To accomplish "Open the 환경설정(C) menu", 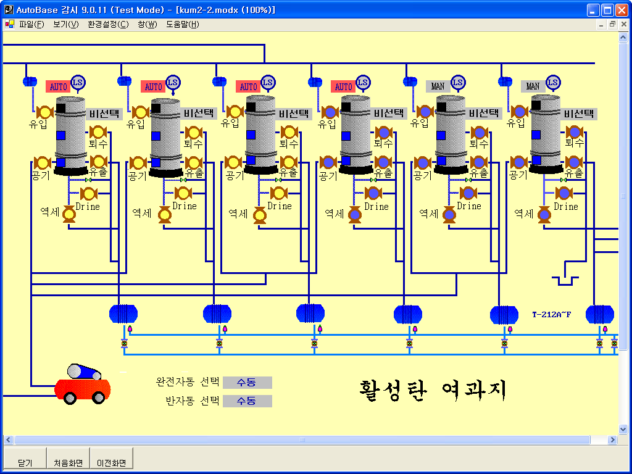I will (108, 25).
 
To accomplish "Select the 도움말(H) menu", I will (182, 25).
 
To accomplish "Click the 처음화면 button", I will (68, 462).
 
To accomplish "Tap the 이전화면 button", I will (112, 462).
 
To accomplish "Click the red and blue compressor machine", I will (83, 384).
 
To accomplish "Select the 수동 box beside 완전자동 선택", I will (247, 383).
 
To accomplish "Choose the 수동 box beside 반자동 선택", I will (247, 401).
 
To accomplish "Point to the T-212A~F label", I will (552, 315).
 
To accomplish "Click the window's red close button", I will (622, 10).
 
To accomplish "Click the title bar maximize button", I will (607, 10).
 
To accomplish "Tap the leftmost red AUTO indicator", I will (58, 86).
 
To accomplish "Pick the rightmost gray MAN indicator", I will (533, 86).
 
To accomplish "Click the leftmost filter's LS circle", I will (78, 82).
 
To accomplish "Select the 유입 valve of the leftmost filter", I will (44, 112).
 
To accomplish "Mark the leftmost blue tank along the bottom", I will (123, 314).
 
